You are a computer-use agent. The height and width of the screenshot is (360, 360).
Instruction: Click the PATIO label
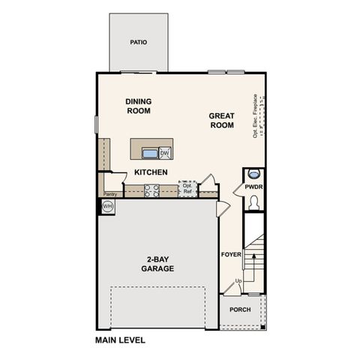tap(137, 43)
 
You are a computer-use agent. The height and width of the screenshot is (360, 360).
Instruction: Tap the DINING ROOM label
tap(139, 106)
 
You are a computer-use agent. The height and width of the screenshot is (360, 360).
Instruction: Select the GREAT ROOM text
tap(222, 120)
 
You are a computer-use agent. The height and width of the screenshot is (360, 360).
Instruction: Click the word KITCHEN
tap(151, 172)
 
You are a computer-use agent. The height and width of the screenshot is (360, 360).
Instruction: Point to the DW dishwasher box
tap(164, 153)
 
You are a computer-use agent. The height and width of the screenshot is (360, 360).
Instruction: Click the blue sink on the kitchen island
tap(150, 154)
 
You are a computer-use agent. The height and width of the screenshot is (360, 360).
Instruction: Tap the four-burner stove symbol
tap(151, 190)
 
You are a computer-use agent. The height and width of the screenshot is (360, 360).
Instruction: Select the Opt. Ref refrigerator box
tap(187, 190)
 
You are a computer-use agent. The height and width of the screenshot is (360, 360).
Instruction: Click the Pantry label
tap(109, 193)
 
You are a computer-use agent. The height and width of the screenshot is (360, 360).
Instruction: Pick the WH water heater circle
tap(107, 205)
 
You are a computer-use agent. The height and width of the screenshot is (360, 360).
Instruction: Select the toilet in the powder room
tap(253, 202)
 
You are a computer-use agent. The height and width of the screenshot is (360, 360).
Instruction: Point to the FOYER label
tap(229, 254)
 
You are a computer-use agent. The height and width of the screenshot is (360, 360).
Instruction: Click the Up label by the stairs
tap(238, 281)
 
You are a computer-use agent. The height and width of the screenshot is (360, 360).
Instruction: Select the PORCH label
tap(240, 310)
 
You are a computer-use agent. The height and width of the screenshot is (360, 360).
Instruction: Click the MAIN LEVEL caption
tap(120, 340)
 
